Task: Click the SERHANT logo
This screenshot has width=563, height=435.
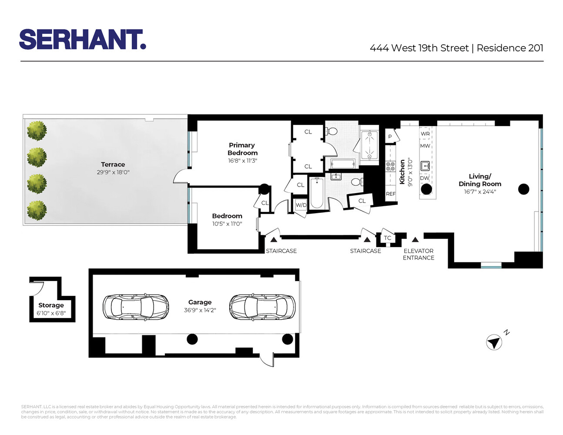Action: pyautogui.click(x=82, y=40)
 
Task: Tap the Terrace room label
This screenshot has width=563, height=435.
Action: pyautogui.click(x=113, y=164)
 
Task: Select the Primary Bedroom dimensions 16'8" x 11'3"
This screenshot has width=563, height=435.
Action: pyautogui.click(x=242, y=161)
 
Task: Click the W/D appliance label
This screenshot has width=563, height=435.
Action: pyautogui.click(x=301, y=205)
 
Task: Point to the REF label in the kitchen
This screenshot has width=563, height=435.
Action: pyautogui.click(x=391, y=194)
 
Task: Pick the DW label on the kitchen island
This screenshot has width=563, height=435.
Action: pyautogui.click(x=425, y=178)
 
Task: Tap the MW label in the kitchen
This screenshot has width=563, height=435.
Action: pyautogui.click(x=425, y=146)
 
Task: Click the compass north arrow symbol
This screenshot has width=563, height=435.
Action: pyautogui.click(x=494, y=342)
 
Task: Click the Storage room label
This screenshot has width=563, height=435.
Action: pyautogui.click(x=51, y=305)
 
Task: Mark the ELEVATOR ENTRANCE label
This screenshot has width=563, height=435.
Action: pyautogui.click(x=418, y=254)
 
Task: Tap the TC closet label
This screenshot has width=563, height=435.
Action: pyautogui.click(x=388, y=238)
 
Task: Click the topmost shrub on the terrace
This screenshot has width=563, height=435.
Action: pyautogui.click(x=37, y=130)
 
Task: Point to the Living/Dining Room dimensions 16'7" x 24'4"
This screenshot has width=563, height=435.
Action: pyautogui.click(x=479, y=191)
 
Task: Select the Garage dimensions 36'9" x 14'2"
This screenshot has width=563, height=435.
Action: pyautogui.click(x=200, y=310)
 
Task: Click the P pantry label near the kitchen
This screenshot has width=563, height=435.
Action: pyautogui.click(x=390, y=137)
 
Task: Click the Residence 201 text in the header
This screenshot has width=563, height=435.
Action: pyautogui.click(x=510, y=48)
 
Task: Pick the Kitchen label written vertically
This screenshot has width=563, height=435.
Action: pyautogui.click(x=402, y=171)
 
